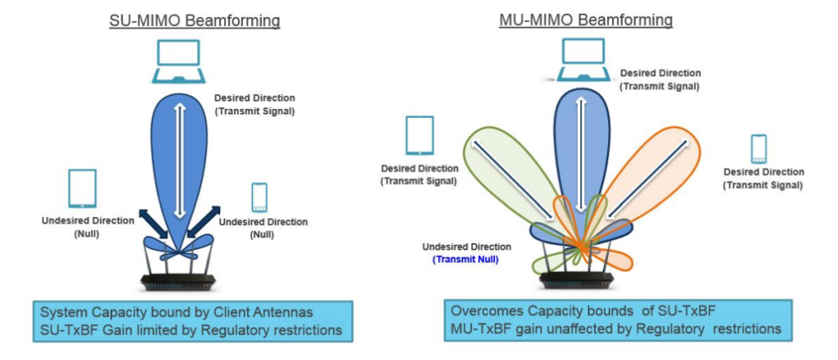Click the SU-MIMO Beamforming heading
click(x=195, y=20)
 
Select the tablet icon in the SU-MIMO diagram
click(x=82, y=189)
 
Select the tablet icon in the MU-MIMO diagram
click(x=420, y=136)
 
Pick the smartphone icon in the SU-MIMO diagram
click(x=259, y=197)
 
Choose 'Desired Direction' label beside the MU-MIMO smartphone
click(x=764, y=172)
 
